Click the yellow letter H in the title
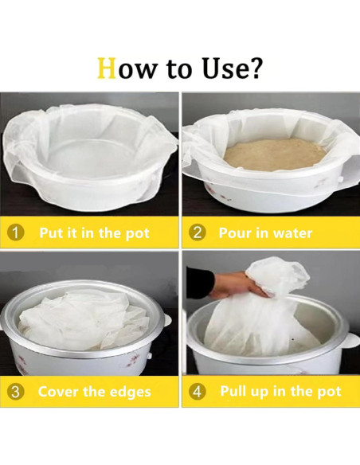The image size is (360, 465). (x=107, y=68)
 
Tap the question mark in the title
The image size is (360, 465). (x=255, y=68)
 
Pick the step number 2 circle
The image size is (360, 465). (x=197, y=233)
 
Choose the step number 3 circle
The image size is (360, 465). (x=15, y=392)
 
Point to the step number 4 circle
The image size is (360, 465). (x=197, y=392)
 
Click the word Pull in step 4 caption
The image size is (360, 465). (x=231, y=391)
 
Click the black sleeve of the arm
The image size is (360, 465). (x=199, y=281)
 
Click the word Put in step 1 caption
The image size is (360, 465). (x=51, y=232)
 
